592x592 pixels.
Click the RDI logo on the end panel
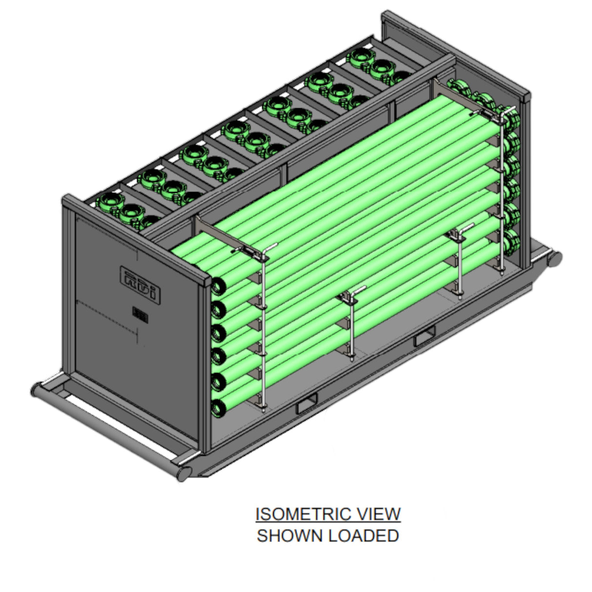pos(140,284)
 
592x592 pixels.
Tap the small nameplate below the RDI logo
pos(140,315)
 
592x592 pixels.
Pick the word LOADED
pos(363,535)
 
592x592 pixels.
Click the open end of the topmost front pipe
pos(218,286)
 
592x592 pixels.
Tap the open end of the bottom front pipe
pos(218,408)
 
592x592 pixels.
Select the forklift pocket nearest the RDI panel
pos(306,404)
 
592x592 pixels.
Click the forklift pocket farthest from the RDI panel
pos(425,336)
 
